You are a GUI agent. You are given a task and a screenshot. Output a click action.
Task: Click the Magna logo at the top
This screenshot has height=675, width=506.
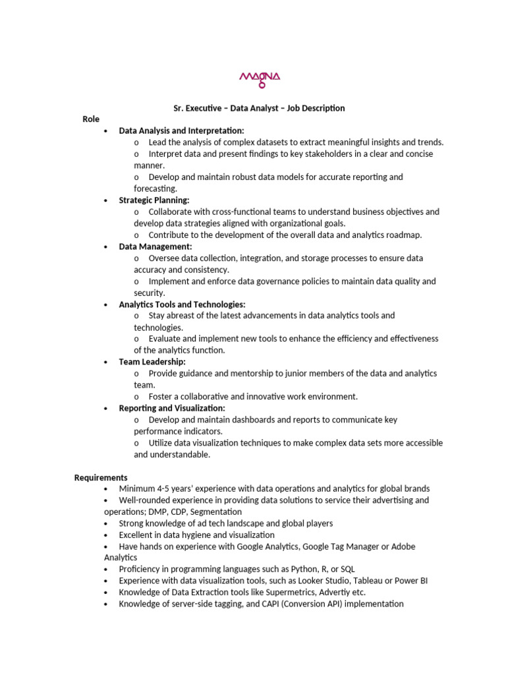pyautogui.click(x=259, y=78)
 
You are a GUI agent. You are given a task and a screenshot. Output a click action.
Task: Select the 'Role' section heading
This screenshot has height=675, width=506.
pyautogui.click(x=91, y=119)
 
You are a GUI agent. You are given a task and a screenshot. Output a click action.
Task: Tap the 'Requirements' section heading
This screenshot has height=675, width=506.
pyautogui.click(x=101, y=477)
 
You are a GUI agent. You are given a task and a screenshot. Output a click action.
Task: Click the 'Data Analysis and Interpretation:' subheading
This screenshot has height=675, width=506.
pyautogui.click(x=181, y=131)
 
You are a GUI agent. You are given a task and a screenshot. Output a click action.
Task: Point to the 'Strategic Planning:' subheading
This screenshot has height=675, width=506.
pyautogui.click(x=154, y=200)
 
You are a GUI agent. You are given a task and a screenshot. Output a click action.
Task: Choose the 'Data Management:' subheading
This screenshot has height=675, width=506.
pyautogui.click(x=155, y=247)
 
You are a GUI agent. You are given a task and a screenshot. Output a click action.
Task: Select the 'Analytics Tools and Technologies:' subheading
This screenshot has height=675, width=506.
pyautogui.click(x=182, y=305)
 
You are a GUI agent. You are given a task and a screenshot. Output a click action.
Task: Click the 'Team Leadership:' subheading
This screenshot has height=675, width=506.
pyautogui.click(x=152, y=362)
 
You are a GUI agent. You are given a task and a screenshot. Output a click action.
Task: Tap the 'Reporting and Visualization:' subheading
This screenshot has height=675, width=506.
pyautogui.click(x=172, y=408)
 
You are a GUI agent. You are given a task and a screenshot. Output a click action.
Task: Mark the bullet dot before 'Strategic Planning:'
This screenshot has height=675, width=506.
pyautogui.click(x=105, y=200)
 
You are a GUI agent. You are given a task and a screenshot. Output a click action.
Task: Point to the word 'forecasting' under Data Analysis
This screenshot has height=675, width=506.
pyautogui.click(x=155, y=189)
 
